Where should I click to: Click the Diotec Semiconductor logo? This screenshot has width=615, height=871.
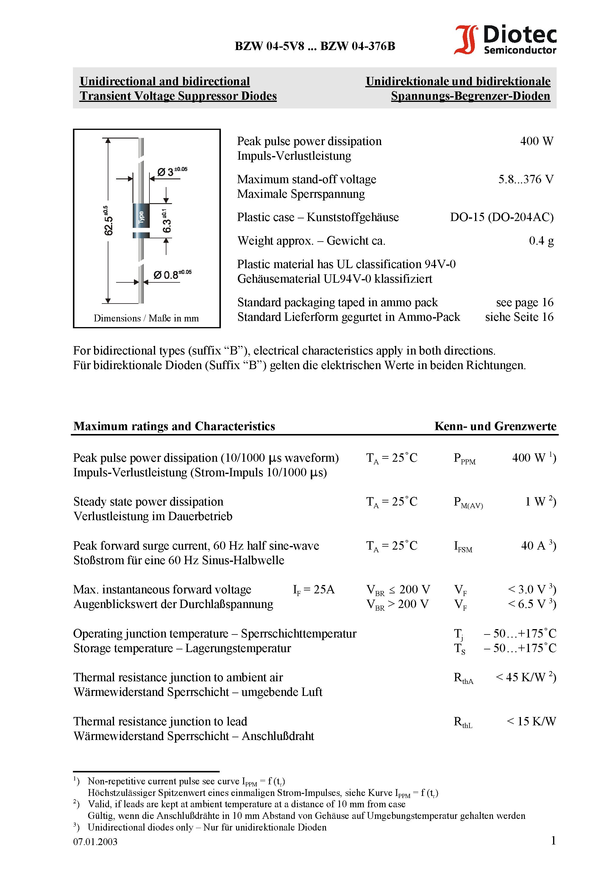coord(505,39)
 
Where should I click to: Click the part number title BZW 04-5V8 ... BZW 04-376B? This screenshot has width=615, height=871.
coord(315,46)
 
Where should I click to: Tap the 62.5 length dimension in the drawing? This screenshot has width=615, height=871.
coord(108,221)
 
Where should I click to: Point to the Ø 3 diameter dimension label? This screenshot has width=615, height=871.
coord(171,172)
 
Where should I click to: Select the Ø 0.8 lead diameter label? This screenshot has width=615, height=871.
coord(172,274)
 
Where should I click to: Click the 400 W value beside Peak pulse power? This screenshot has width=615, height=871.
coord(536,141)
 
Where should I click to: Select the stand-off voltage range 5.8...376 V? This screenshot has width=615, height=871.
coord(525,179)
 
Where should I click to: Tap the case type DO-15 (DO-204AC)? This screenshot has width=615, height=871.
coord(501,217)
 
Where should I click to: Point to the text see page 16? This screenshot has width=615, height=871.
coord(525,302)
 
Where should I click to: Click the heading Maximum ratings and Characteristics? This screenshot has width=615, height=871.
coord(174,426)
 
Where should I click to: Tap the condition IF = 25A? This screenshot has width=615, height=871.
coord(313,590)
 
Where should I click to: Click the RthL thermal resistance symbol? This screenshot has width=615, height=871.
coord(463,722)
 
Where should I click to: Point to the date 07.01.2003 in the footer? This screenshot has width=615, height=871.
coord(95,842)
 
